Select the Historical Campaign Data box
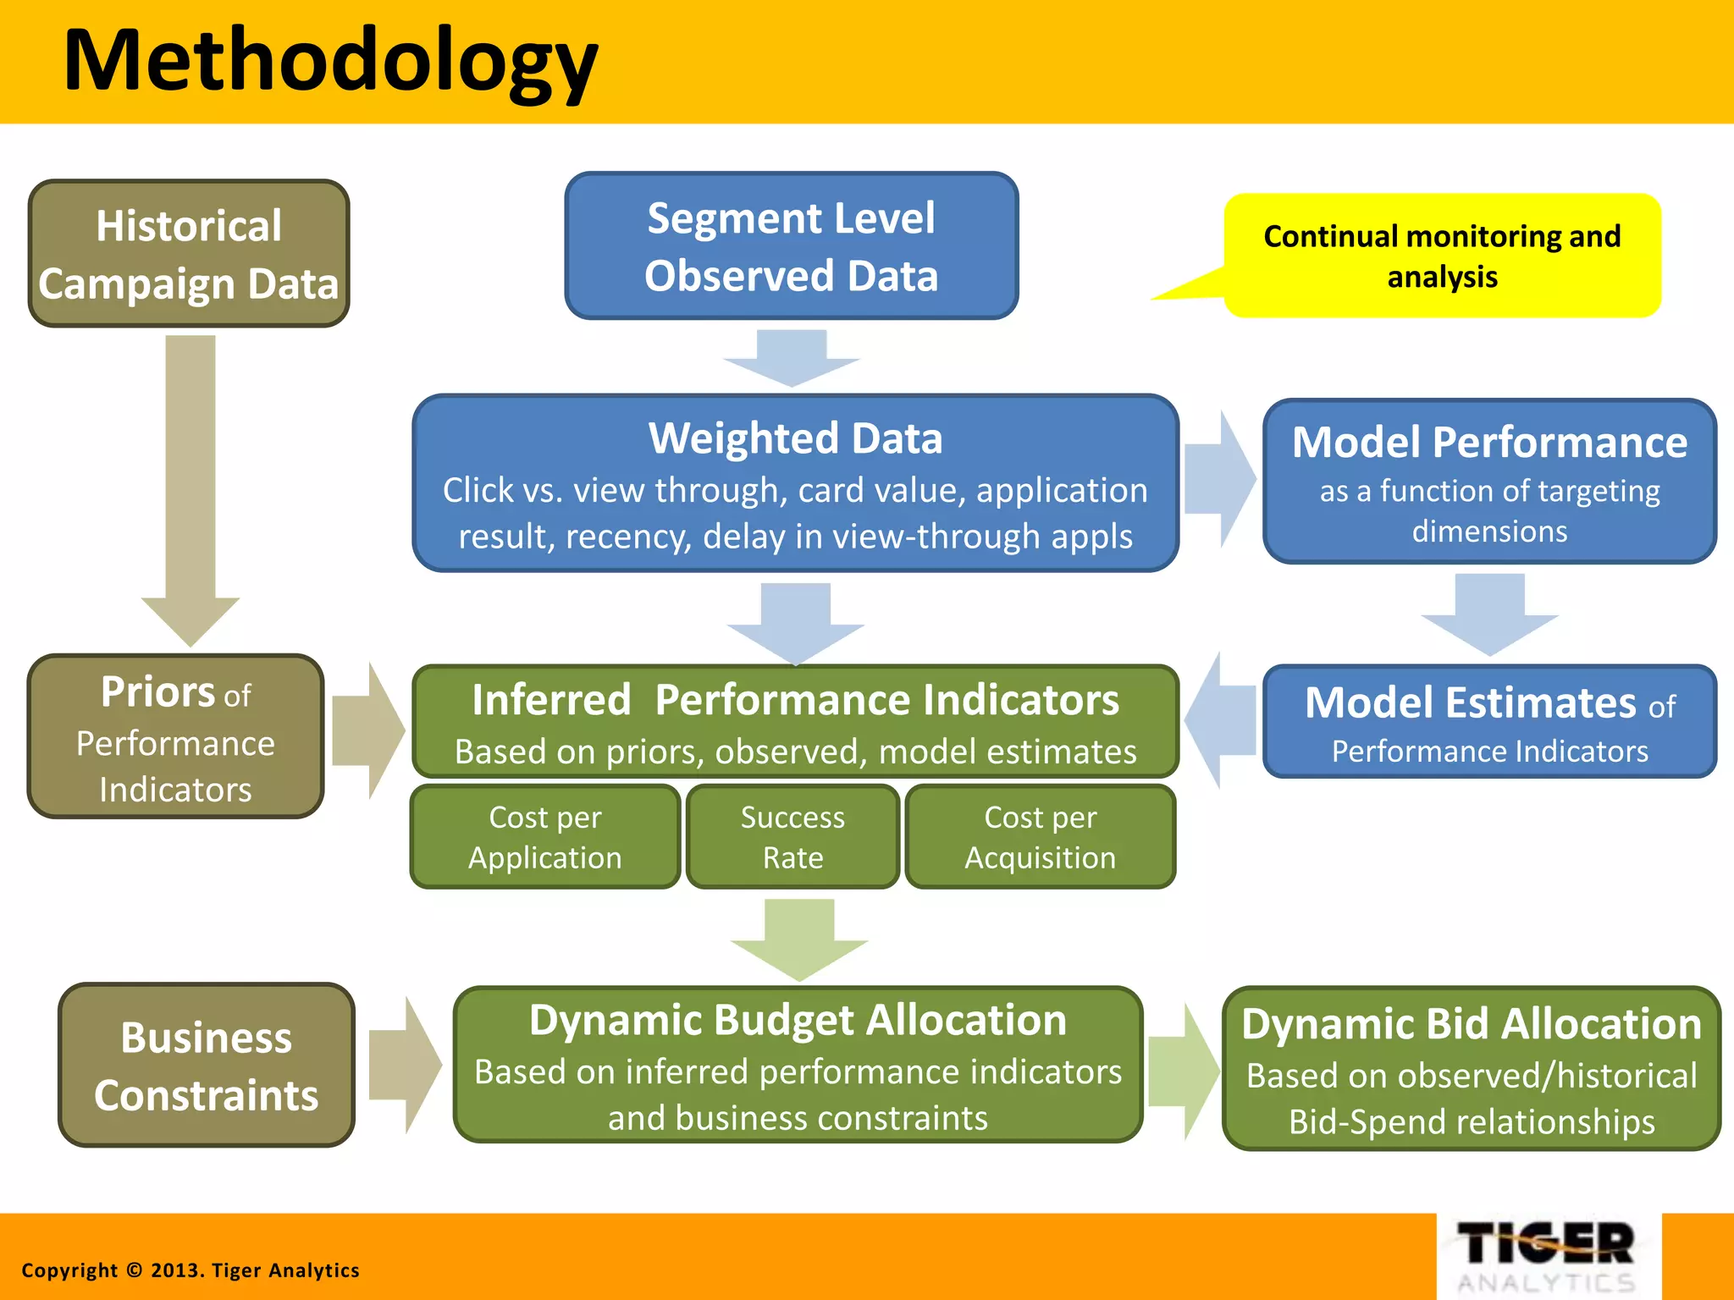click(189, 254)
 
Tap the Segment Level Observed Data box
click(791, 246)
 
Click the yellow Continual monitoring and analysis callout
click(1441, 256)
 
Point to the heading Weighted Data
click(794, 438)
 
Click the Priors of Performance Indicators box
click(176, 737)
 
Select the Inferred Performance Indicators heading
click(794, 701)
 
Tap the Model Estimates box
click(1488, 722)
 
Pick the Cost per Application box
click(544, 837)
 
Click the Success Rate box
click(792, 837)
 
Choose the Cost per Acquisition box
click(1040, 837)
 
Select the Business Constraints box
click(207, 1066)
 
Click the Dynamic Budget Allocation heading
click(798, 1021)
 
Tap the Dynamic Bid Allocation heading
click(1471, 1025)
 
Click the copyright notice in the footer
click(191, 1270)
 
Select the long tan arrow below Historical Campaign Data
click(191, 482)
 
